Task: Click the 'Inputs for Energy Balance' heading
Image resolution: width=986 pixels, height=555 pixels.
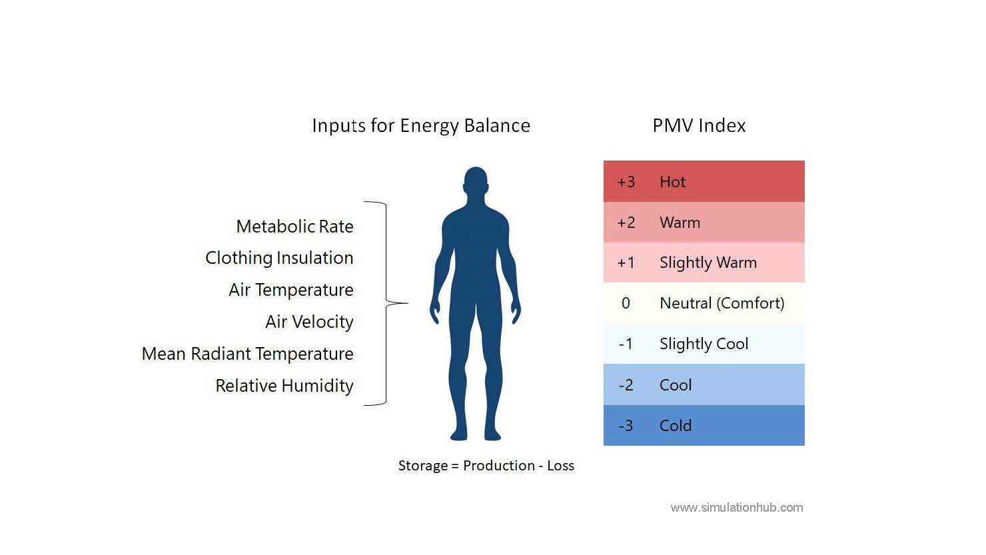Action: pyautogui.click(x=421, y=126)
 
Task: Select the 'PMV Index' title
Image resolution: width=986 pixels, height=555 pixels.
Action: pyautogui.click(x=699, y=126)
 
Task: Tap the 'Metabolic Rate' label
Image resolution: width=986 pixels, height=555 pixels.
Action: pyautogui.click(x=294, y=227)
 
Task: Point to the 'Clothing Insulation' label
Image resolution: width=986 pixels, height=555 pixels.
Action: pyautogui.click(x=279, y=258)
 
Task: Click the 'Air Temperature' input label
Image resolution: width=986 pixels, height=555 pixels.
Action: pyautogui.click(x=290, y=290)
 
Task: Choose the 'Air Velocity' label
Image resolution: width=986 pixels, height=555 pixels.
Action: pyautogui.click(x=309, y=322)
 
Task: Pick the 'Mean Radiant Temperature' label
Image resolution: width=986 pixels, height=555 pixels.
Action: pyautogui.click(x=247, y=354)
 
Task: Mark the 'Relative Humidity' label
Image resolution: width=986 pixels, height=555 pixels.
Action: pyautogui.click(x=284, y=386)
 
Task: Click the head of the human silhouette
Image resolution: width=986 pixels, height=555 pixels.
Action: pyautogui.click(x=475, y=181)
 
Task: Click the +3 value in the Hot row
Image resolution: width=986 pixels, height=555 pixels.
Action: pyautogui.click(x=626, y=182)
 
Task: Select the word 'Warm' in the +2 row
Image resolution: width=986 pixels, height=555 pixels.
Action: pyautogui.click(x=680, y=223)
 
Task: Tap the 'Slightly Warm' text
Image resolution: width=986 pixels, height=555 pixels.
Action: pyautogui.click(x=708, y=263)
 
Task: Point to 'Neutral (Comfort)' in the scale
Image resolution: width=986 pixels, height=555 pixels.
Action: pyautogui.click(x=722, y=303)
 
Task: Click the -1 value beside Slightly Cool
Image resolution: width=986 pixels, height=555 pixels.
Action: pyautogui.click(x=626, y=344)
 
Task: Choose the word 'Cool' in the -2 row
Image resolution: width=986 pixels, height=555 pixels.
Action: pyautogui.click(x=676, y=385)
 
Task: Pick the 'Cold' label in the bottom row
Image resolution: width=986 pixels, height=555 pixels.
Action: pyautogui.click(x=676, y=426)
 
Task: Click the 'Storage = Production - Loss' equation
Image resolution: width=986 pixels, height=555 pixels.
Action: pyautogui.click(x=486, y=466)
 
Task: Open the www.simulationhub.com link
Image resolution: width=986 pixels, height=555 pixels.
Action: pyautogui.click(x=736, y=508)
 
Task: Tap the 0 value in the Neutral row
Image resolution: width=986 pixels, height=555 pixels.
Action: pyautogui.click(x=626, y=303)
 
